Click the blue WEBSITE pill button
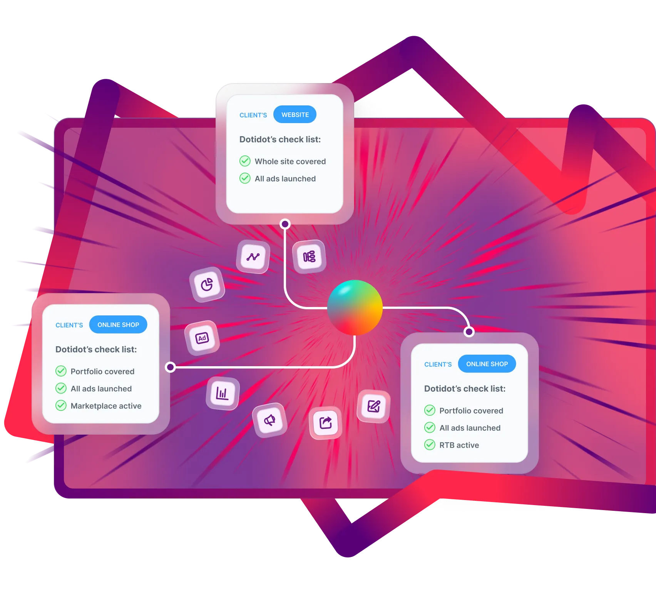[x=295, y=115]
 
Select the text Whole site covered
[x=290, y=162]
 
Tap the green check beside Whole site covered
[x=245, y=161]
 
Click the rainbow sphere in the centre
[x=355, y=308]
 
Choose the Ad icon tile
[x=202, y=338]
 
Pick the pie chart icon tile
[x=207, y=285]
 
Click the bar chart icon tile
[x=223, y=393]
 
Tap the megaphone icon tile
[x=269, y=420]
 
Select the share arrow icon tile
[x=326, y=423]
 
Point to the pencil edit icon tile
[x=373, y=406]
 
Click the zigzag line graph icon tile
[x=253, y=257]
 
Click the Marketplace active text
[x=106, y=406]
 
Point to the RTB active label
[x=459, y=445]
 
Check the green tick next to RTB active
[x=430, y=445]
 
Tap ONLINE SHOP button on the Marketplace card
[x=118, y=325]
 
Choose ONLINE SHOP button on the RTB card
[x=487, y=364]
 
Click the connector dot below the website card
[x=285, y=224]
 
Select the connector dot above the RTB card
[x=469, y=332]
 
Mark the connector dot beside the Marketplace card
[x=170, y=367]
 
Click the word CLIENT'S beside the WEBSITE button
[x=253, y=115]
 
